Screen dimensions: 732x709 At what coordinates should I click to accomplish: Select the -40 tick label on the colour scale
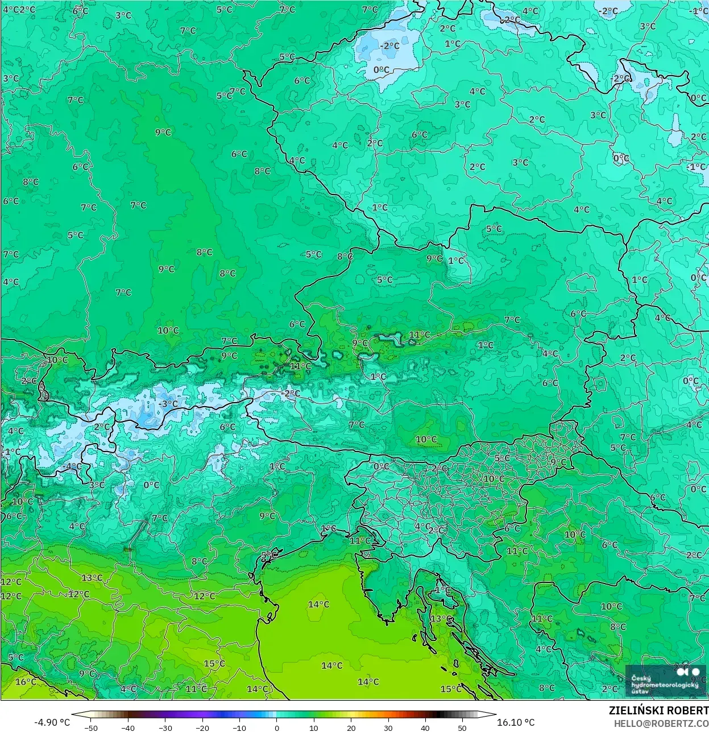128,727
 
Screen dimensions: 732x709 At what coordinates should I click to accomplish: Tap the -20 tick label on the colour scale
202,727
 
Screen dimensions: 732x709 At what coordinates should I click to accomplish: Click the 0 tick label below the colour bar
277,727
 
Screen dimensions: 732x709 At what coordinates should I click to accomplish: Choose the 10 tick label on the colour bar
314,727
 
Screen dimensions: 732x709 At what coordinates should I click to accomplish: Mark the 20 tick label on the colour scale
351,727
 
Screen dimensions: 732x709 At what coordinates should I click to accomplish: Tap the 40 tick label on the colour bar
425,727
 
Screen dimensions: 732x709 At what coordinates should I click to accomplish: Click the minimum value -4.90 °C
52,722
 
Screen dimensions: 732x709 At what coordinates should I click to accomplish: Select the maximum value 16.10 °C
516,722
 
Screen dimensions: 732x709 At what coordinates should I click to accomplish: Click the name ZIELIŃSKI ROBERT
658,710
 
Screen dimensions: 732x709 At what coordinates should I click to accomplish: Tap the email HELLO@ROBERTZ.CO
661,723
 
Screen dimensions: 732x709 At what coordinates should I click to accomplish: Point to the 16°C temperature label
26,682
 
